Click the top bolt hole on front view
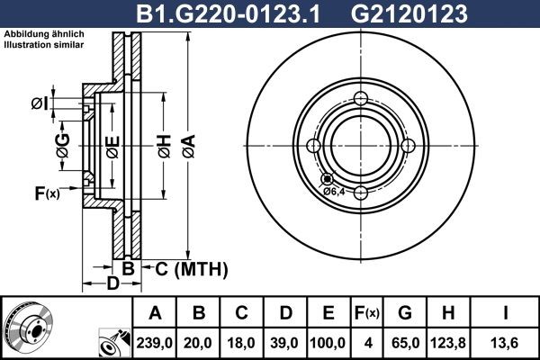(361, 100)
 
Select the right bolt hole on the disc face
(408, 147)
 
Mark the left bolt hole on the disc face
(314, 147)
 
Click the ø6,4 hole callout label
(333, 191)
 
